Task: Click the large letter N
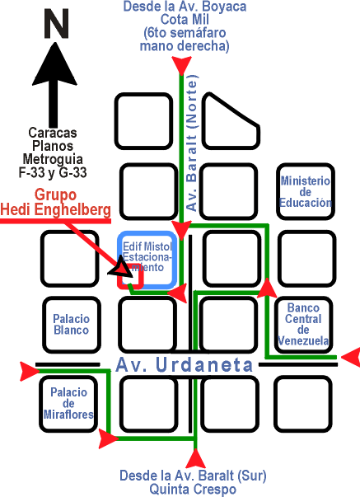tap(56, 24)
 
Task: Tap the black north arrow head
tap(54, 65)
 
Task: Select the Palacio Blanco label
tap(72, 324)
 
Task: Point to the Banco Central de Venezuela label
tap(303, 324)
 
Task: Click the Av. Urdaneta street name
tap(185, 365)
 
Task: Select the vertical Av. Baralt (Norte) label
tap(192, 143)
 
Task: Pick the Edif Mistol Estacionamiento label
tap(147, 256)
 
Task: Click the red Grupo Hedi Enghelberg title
tap(55, 202)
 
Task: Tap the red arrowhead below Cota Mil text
tap(181, 65)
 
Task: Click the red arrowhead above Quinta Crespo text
tap(195, 459)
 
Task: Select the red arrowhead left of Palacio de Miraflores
tap(30, 371)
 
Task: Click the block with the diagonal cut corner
tap(231, 121)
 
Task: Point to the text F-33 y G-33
tap(53, 173)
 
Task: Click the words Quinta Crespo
tap(193, 489)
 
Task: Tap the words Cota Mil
tap(185, 20)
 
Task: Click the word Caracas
tap(53, 133)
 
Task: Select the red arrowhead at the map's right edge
tap(351, 357)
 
